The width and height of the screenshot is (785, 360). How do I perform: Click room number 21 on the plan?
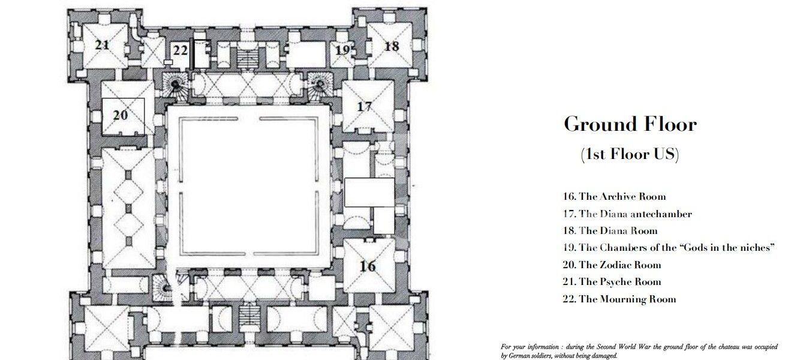(102, 45)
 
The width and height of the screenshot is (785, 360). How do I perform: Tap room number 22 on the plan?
(181, 50)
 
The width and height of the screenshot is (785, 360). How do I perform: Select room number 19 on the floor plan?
(342, 50)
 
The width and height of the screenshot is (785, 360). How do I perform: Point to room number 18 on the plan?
(392, 46)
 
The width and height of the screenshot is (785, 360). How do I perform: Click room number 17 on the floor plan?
(365, 106)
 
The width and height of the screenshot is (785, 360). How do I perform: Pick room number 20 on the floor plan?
(121, 115)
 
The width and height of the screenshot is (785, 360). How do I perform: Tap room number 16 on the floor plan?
(368, 266)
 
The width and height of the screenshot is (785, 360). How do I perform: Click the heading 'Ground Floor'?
(630, 124)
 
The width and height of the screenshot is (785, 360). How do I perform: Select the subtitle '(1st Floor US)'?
(630, 154)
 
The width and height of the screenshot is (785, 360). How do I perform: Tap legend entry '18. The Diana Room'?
(610, 230)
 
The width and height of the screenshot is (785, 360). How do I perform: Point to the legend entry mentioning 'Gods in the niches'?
(668, 247)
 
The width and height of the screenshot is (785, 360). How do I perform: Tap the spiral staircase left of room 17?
(319, 86)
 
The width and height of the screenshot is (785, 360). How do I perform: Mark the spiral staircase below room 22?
(175, 86)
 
